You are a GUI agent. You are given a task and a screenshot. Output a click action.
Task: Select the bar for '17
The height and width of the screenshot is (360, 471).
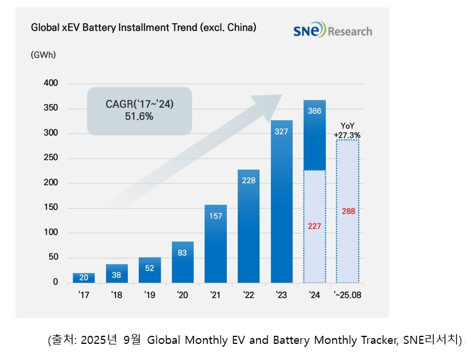(83, 278)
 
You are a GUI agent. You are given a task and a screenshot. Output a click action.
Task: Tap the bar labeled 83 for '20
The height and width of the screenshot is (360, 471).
(183, 262)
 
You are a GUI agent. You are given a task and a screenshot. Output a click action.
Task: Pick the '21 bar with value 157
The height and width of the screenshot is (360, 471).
(215, 244)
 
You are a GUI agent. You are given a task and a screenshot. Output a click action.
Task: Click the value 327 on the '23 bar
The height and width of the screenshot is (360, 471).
(282, 132)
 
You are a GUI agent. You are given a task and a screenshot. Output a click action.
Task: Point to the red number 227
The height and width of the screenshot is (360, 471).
(314, 226)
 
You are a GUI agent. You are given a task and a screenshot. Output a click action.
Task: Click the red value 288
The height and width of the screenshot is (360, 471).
(348, 211)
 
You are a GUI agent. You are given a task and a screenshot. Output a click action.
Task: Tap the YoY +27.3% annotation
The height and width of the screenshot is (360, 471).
(347, 130)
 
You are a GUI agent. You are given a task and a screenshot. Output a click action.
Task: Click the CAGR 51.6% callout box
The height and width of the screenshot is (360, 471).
(139, 111)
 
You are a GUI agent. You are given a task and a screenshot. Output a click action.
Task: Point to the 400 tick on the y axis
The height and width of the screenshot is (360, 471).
(51, 84)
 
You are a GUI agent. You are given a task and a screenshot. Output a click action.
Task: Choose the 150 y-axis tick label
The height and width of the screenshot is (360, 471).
(51, 208)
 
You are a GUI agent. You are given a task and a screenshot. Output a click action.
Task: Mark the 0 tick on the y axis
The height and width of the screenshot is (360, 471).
(55, 282)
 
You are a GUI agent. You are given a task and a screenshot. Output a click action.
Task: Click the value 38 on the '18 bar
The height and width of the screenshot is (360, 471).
(117, 275)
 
